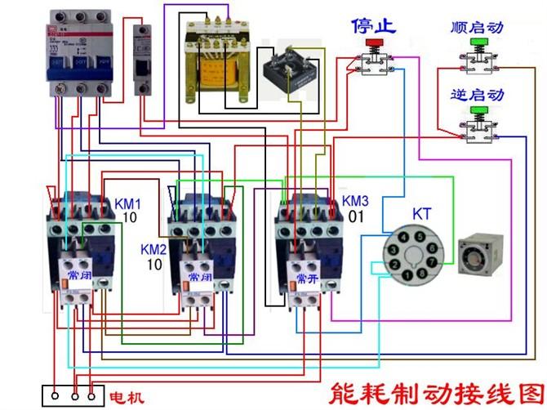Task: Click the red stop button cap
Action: point(375,42)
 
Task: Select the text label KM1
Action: point(127,203)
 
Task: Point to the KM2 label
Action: point(153,249)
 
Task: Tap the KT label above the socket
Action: point(421,215)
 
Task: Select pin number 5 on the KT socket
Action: point(418,237)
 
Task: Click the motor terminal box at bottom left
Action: point(73,394)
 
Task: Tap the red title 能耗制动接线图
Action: point(433,391)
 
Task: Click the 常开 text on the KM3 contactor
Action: point(308,278)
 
